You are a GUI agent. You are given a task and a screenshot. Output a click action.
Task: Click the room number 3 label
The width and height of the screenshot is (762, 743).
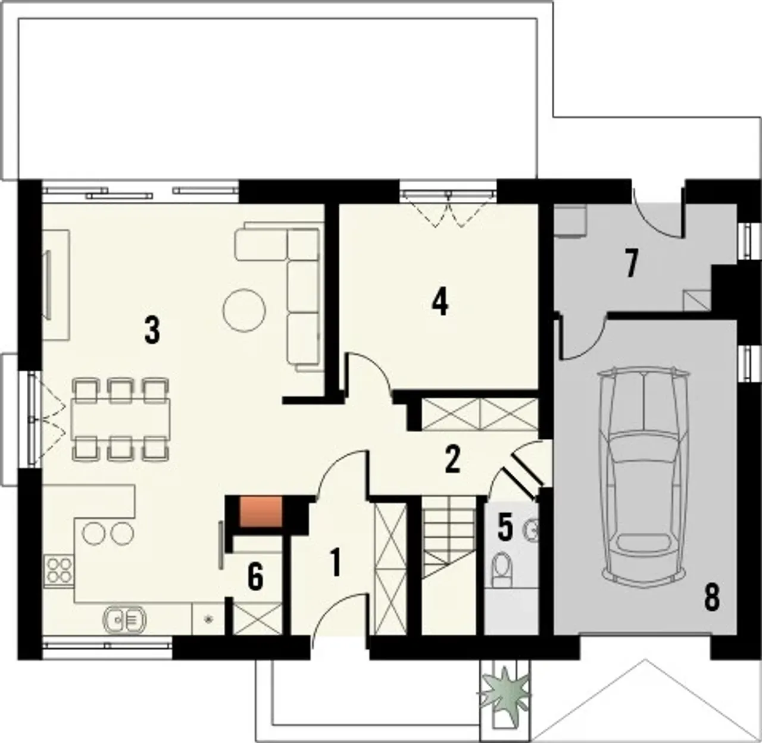coord(152,330)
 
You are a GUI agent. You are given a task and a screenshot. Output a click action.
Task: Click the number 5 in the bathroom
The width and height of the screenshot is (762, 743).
coord(505,527)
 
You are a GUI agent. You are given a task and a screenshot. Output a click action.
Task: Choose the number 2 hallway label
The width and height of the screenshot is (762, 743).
coord(452,460)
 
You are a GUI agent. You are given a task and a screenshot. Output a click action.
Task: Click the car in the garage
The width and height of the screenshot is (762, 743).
coord(643,476)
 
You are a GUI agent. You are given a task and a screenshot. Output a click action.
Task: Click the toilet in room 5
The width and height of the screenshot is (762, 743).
coord(502,570)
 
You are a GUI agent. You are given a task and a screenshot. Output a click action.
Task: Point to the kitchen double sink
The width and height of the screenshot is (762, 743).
coord(124,619)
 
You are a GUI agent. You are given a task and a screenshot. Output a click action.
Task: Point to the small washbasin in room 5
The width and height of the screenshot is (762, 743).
coord(532,530)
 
